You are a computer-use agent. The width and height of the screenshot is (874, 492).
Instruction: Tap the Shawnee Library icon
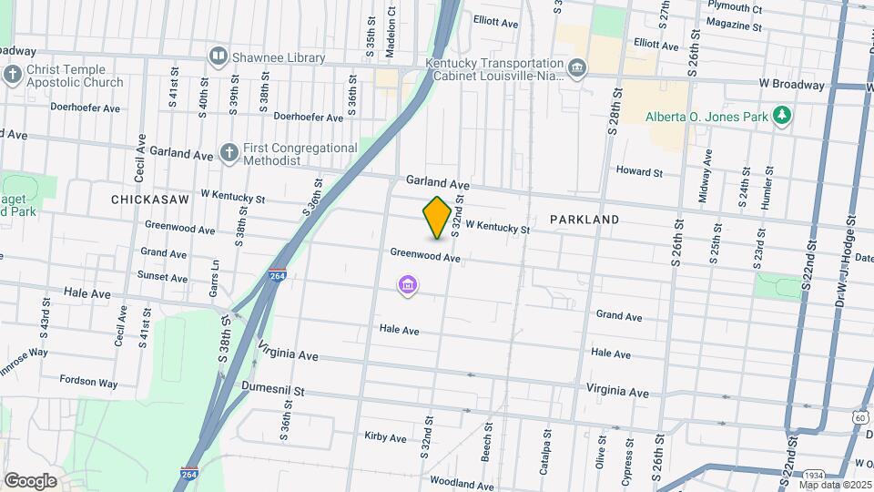(218, 57)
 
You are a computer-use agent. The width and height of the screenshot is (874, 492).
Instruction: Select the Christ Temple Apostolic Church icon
(13, 75)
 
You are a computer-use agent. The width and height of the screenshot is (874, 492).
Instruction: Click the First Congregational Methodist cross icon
(229, 153)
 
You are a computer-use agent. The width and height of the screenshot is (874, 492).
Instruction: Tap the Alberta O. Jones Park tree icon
(780, 116)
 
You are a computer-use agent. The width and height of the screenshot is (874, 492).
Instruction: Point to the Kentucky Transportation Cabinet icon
(576, 68)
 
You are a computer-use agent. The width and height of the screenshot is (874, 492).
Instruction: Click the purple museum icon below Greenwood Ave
(408, 288)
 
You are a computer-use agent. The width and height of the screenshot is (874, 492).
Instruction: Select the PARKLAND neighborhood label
(584, 220)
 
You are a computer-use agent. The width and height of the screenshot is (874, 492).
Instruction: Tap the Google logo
(30, 480)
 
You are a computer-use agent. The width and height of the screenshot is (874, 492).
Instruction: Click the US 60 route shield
(860, 416)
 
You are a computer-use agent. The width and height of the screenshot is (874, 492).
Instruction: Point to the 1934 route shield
(815, 475)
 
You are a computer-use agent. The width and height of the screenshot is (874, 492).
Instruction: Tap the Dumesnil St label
(272, 387)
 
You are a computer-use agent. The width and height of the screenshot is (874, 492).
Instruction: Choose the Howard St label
(639, 171)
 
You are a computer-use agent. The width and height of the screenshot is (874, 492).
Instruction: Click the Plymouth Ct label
(734, 8)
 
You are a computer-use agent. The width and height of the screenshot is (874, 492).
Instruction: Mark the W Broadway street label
(792, 84)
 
